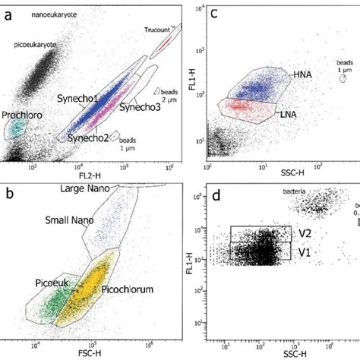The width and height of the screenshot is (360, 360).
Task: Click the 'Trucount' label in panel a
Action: pyautogui.click(x=158, y=30)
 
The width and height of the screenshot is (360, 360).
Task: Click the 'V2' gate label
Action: pyautogui.click(x=304, y=234)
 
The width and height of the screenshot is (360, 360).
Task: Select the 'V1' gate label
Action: pyautogui.click(x=304, y=251)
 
